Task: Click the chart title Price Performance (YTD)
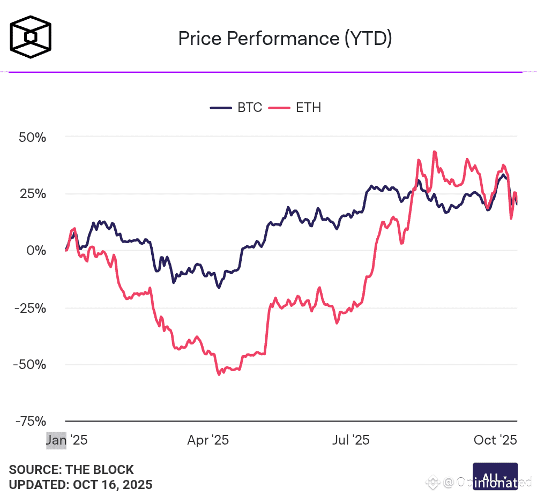285,39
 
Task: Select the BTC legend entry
236,108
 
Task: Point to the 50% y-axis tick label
32,137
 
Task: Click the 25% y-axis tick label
32,194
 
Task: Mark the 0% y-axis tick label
37,251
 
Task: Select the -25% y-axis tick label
30,308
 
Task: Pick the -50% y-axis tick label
30,365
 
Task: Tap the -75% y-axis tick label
30,422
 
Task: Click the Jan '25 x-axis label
66,440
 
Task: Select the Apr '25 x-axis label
208,440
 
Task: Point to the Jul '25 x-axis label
351,440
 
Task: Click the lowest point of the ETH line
219,374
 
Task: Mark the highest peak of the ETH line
434,152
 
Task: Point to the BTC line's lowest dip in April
219,288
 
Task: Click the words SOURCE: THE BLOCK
71,470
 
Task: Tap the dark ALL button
495,476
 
